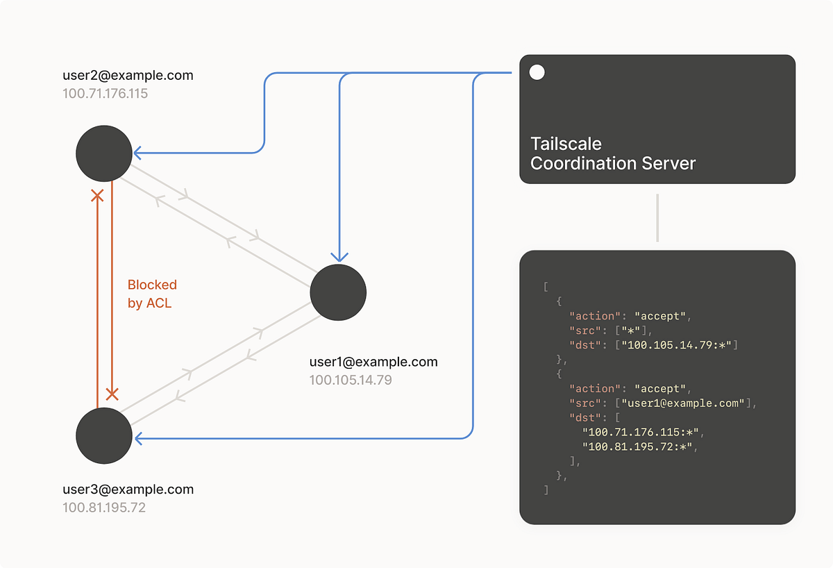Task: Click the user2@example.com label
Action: click(x=128, y=75)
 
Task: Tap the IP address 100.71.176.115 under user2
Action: click(x=105, y=93)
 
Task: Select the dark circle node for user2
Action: click(x=104, y=153)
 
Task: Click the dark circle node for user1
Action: click(x=338, y=292)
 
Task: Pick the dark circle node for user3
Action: click(x=104, y=435)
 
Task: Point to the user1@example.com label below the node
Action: click(x=373, y=362)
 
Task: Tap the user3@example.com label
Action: click(x=128, y=489)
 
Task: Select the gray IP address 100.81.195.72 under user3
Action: click(x=104, y=507)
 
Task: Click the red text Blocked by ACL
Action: click(x=152, y=294)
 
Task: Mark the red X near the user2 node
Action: click(x=97, y=197)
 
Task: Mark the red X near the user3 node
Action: click(x=112, y=394)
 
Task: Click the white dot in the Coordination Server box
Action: click(x=537, y=72)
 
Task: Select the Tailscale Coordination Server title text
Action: click(x=612, y=153)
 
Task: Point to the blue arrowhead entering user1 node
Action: click(x=338, y=258)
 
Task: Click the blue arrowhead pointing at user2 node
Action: click(x=137, y=153)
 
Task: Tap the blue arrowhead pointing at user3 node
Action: click(x=137, y=438)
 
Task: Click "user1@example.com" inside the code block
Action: click(x=683, y=403)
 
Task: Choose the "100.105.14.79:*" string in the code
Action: click(x=679, y=344)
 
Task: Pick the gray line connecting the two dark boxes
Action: click(x=657, y=217)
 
